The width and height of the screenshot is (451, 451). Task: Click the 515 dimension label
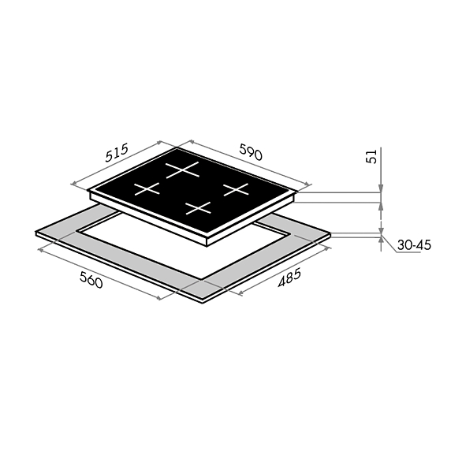(x=117, y=153)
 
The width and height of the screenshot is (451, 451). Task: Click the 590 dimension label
(x=251, y=152)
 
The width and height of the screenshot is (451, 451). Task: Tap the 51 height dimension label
(x=371, y=157)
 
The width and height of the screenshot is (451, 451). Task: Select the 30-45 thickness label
(x=414, y=245)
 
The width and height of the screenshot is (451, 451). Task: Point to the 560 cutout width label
(x=91, y=280)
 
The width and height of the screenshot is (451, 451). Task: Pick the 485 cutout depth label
(x=289, y=278)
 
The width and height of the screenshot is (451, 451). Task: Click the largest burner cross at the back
(x=182, y=170)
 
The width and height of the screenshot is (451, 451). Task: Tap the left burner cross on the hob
(x=147, y=188)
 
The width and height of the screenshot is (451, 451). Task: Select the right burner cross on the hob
(x=236, y=189)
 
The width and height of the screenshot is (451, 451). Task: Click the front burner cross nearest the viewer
(x=198, y=208)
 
